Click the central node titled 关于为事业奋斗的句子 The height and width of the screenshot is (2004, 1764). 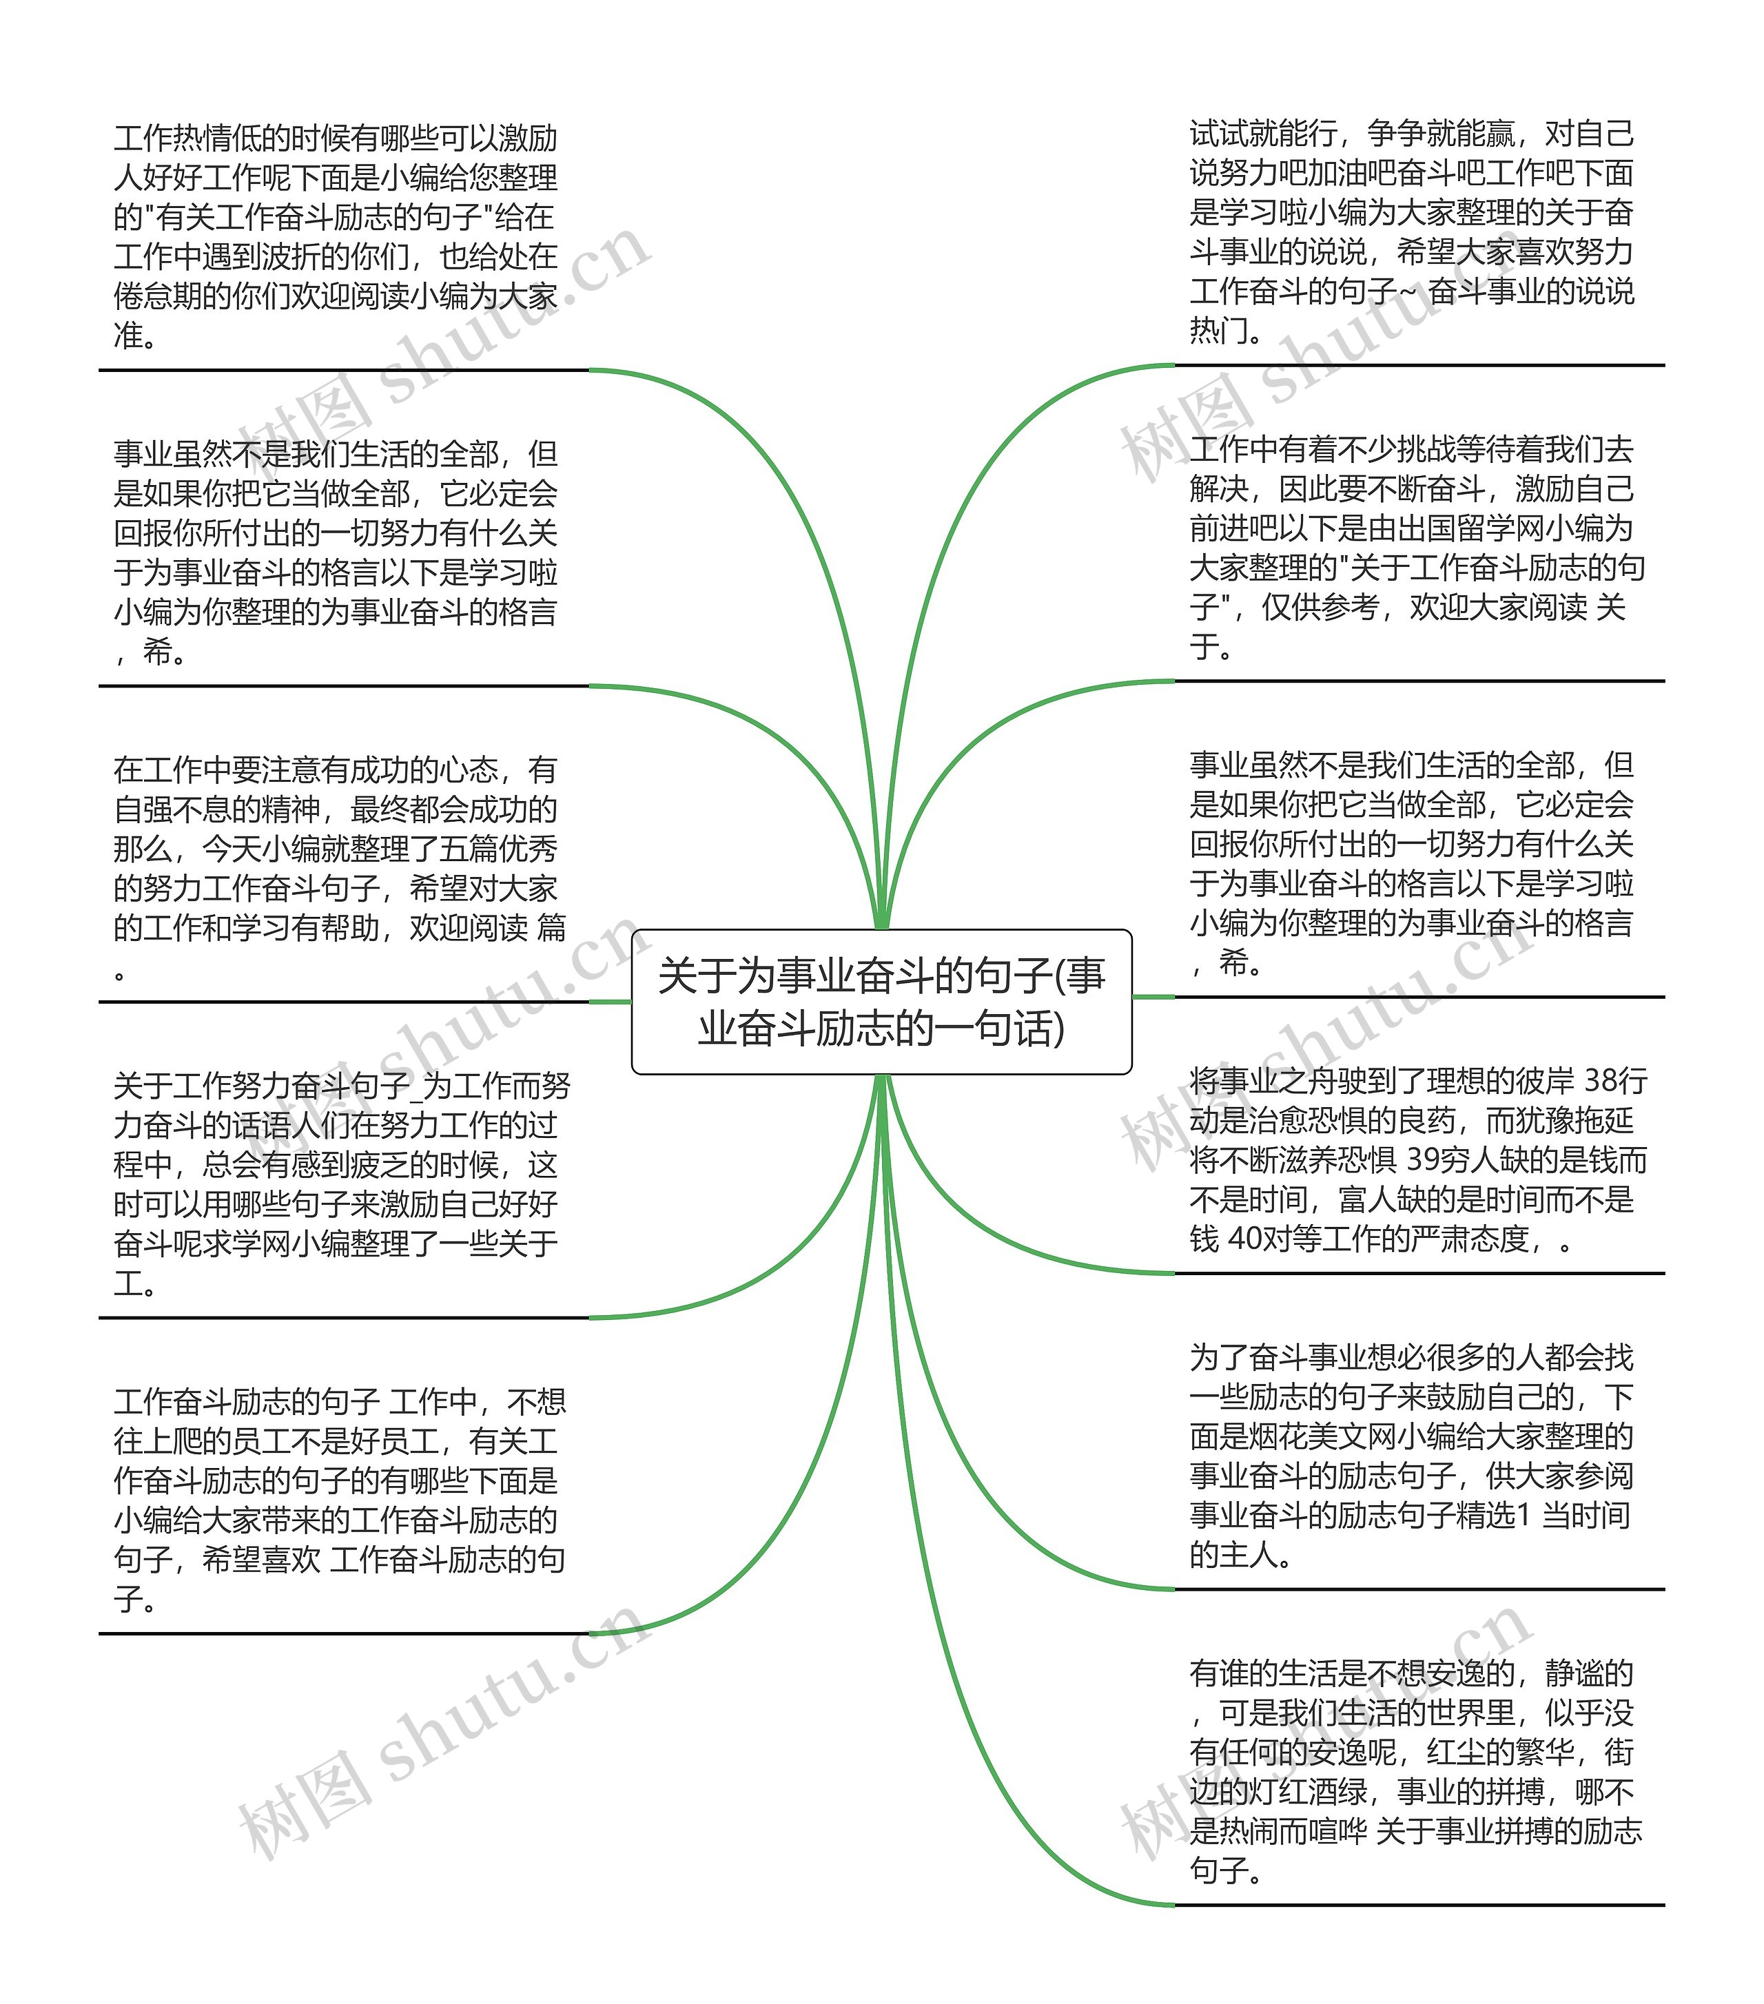coord(881,1001)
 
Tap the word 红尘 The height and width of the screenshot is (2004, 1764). coord(1456,1753)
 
